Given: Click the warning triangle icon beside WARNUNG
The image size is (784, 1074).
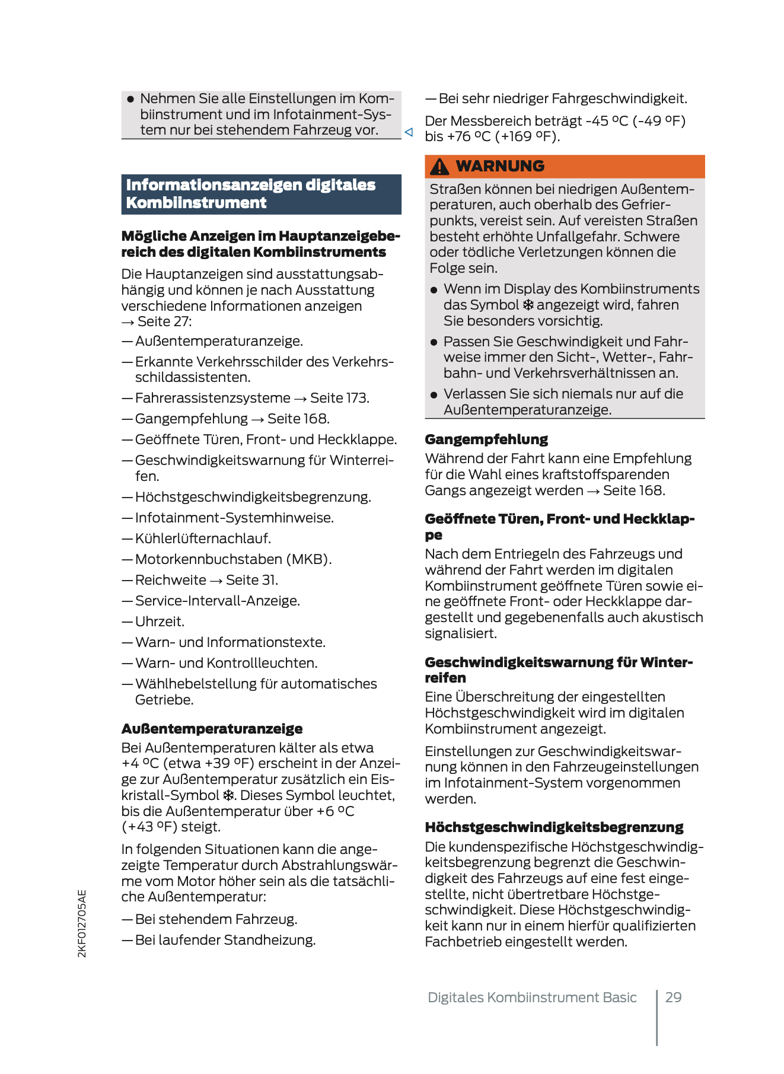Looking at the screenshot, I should tap(439, 167).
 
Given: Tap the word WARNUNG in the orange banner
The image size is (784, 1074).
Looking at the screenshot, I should tap(500, 166).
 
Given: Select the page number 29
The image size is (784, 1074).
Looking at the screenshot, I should tap(673, 997).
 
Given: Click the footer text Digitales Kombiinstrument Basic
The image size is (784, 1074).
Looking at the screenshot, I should tap(532, 997).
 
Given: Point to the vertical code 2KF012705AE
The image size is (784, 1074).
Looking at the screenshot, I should tap(82, 923).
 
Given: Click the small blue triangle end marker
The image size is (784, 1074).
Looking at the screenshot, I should tap(409, 132).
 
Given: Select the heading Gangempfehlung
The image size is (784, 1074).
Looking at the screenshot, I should tap(486, 439).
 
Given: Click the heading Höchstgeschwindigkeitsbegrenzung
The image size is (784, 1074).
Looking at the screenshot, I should tap(554, 827).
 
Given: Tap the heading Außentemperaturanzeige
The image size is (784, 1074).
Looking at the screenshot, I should tap(212, 729).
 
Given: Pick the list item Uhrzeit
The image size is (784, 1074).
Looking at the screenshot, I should tap(160, 622).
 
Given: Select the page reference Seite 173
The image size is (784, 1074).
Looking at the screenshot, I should tap(339, 398).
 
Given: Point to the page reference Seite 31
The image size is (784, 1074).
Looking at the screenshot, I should tap(251, 580).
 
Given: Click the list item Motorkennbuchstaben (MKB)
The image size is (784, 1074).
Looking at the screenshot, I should tap(233, 559).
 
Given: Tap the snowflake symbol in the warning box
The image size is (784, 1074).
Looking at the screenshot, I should tap(528, 305).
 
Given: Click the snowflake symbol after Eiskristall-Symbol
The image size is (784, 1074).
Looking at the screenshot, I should tap(228, 795).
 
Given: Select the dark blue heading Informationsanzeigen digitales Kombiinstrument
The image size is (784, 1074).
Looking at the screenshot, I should tap(261, 194).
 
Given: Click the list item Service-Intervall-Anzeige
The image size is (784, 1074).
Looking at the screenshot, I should tap(217, 601).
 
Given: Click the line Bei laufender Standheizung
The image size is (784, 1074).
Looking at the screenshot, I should tap(225, 940).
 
